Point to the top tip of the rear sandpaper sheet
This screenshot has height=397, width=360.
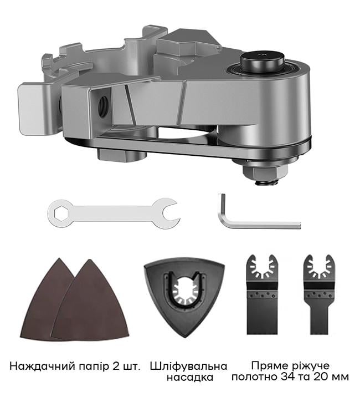pos(59,258)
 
